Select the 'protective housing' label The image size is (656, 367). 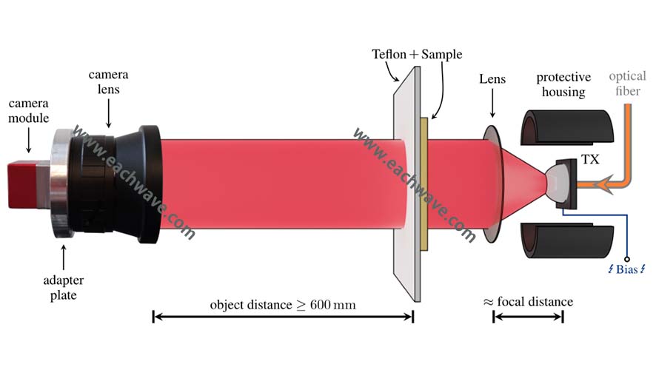click(x=564, y=84)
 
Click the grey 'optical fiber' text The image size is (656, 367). click(x=629, y=84)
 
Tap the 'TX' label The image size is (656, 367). click(x=590, y=157)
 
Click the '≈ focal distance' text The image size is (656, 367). click(x=528, y=302)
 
